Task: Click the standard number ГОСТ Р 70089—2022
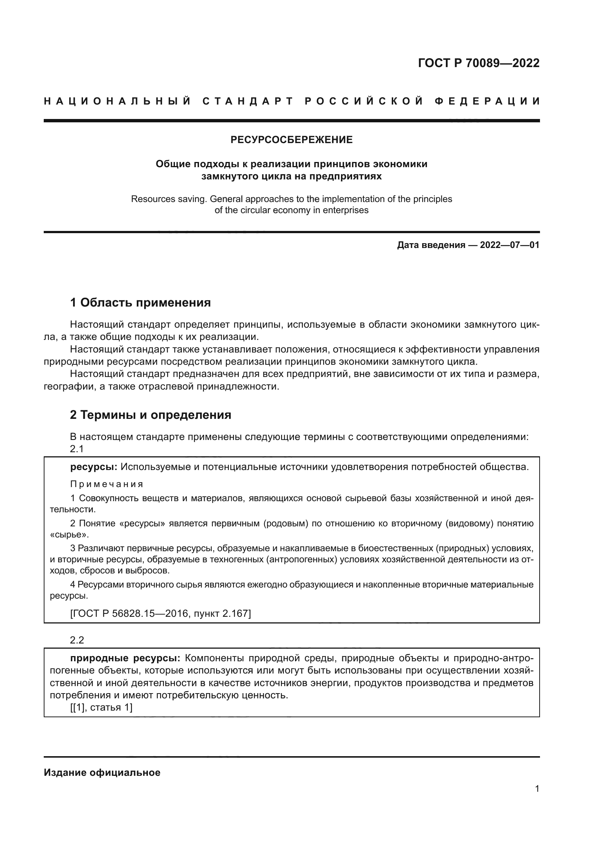[478, 63]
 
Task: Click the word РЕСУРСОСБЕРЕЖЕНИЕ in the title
[291, 140]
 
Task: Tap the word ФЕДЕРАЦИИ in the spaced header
[487, 101]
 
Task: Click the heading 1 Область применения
[140, 302]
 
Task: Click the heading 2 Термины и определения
[150, 415]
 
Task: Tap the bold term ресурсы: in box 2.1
[94, 467]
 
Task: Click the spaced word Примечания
[107, 484]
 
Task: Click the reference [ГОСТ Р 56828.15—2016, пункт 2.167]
[160, 613]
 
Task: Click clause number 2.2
[77, 640]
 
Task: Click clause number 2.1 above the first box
[77, 449]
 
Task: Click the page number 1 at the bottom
[537, 789]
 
